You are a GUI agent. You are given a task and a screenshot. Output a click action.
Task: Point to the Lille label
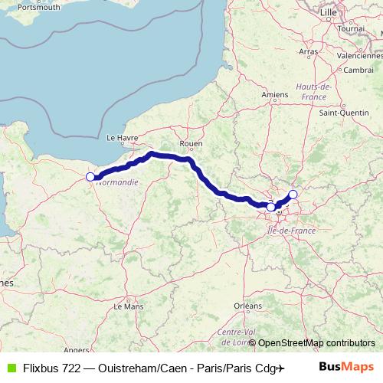pos(328,12)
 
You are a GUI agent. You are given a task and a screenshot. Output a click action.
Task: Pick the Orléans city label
pos(247,305)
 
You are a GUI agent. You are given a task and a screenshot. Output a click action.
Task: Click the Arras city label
pos(309,51)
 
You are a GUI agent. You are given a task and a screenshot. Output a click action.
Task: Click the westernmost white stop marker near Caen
pos(90,177)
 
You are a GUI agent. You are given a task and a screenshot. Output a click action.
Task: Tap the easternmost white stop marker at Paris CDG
pos(293,195)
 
